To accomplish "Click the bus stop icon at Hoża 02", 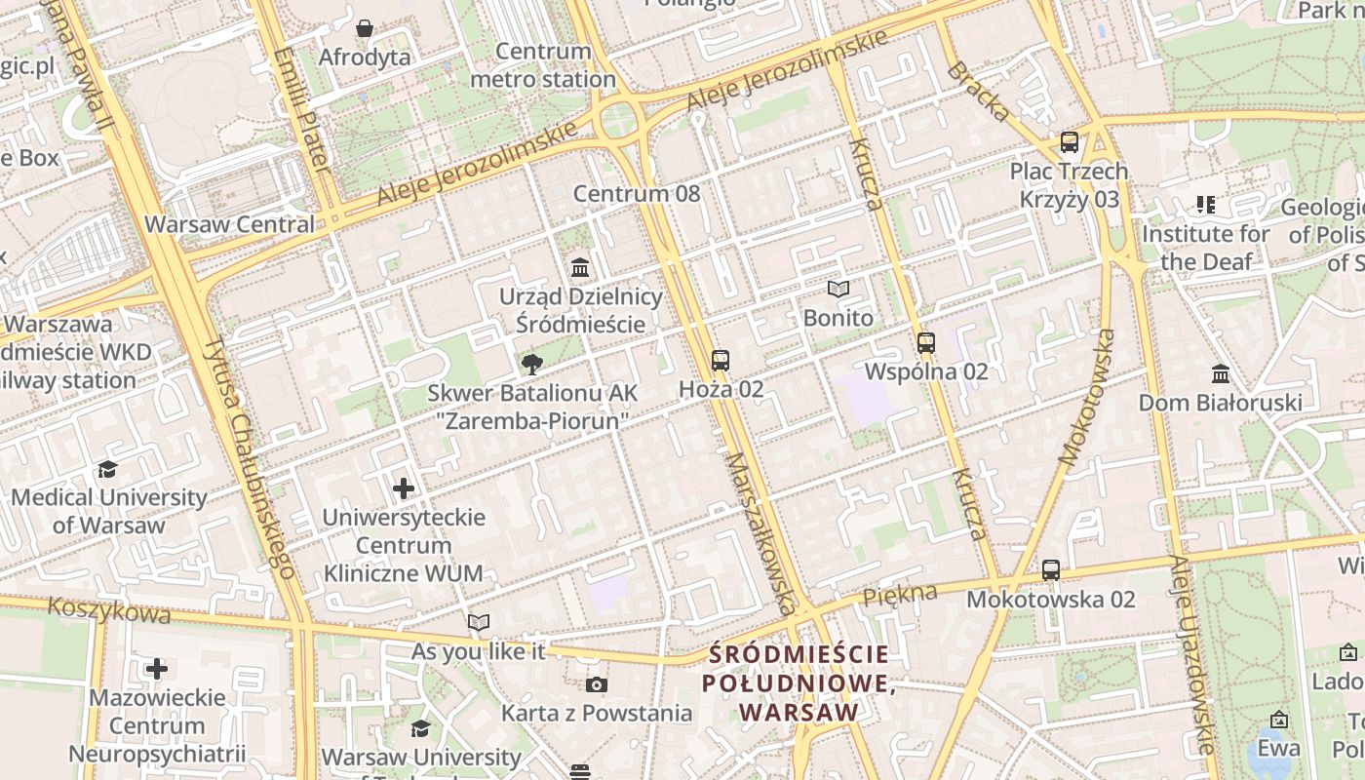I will pyautogui.click(x=721, y=361).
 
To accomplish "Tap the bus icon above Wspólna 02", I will pyautogui.click(x=926, y=343).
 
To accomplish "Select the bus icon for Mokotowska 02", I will pyautogui.click(x=1050, y=570).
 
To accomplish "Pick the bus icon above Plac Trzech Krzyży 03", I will pyautogui.click(x=1070, y=142).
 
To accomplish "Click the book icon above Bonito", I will pyautogui.click(x=838, y=289).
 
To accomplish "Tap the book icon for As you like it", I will pyautogui.click(x=479, y=622).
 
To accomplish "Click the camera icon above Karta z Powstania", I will pyautogui.click(x=597, y=684).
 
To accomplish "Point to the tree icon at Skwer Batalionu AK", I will pyautogui.click(x=532, y=365).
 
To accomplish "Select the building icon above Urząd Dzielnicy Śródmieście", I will pyautogui.click(x=581, y=267).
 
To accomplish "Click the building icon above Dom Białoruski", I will pyautogui.click(x=1221, y=374).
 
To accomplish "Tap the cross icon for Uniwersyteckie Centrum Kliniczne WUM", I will pyautogui.click(x=404, y=488).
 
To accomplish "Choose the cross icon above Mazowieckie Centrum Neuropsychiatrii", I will pyautogui.click(x=157, y=669).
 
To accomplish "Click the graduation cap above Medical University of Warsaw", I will pyautogui.click(x=108, y=470).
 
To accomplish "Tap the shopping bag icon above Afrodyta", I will pyautogui.click(x=365, y=28).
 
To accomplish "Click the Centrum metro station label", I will pyautogui.click(x=543, y=65).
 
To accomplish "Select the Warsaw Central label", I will pyautogui.click(x=230, y=224).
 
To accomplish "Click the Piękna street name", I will pyautogui.click(x=900, y=593).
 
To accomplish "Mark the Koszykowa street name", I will pyautogui.click(x=109, y=610).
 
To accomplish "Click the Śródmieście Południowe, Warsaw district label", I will pyautogui.click(x=799, y=682).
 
